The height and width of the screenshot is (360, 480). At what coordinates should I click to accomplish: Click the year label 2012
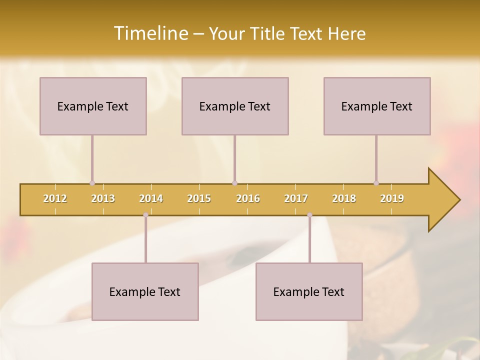click(x=55, y=198)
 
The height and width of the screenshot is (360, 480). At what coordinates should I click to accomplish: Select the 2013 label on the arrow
click(x=103, y=198)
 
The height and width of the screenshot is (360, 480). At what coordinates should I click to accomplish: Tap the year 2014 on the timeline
click(x=151, y=198)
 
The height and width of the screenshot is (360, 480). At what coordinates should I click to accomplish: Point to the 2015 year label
click(x=199, y=198)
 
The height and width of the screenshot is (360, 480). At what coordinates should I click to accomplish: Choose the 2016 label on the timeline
click(x=248, y=198)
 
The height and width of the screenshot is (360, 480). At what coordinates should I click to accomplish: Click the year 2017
click(x=296, y=198)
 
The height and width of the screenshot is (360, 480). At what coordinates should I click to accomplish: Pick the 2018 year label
click(x=344, y=198)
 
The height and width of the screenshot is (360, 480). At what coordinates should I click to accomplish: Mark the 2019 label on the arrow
click(x=392, y=198)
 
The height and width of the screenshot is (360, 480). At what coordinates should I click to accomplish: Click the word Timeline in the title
click(x=150, y=33)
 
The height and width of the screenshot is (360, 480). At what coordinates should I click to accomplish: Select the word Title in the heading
click(x=267, y=33)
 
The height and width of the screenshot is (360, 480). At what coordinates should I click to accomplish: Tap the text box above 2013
click(x=93, y=106)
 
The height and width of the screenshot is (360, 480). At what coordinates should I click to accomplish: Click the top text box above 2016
click(x=235, y=106)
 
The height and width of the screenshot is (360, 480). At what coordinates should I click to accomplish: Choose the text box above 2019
click(x=377, y=106)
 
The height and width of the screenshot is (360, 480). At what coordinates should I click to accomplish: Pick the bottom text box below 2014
click(x=145, y=291)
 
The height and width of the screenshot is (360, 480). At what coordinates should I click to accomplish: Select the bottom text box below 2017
click(x=309, y=291)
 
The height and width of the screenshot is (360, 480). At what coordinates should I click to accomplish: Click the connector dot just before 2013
click(x=92, y=183)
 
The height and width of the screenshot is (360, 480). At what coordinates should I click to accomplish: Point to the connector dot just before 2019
click(x=376, y=183)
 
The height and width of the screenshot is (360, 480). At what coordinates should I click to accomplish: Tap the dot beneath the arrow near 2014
click(x=145, y=215)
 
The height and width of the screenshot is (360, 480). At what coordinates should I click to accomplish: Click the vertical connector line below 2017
click(x=309, y=240)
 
